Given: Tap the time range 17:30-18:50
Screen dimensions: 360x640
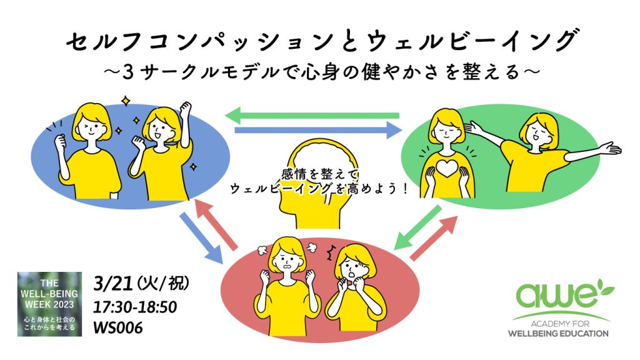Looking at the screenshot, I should point(134,307).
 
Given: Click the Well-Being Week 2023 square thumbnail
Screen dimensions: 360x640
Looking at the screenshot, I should point(49,304).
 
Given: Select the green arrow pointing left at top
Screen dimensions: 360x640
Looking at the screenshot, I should point(312,115).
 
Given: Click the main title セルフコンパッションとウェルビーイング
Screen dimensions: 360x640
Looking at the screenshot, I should point(320,42).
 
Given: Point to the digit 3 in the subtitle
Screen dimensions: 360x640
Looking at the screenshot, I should point(129,72).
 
